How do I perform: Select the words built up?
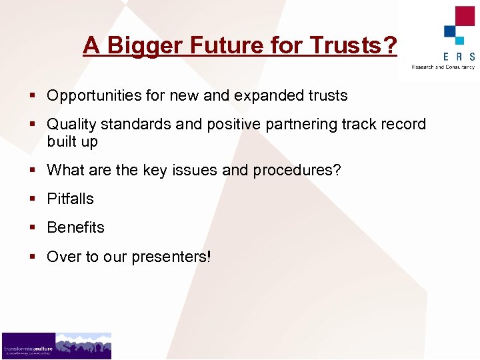72,141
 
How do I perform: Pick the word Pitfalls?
70,199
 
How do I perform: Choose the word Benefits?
75,227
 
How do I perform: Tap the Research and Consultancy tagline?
443,67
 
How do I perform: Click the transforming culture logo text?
27,349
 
